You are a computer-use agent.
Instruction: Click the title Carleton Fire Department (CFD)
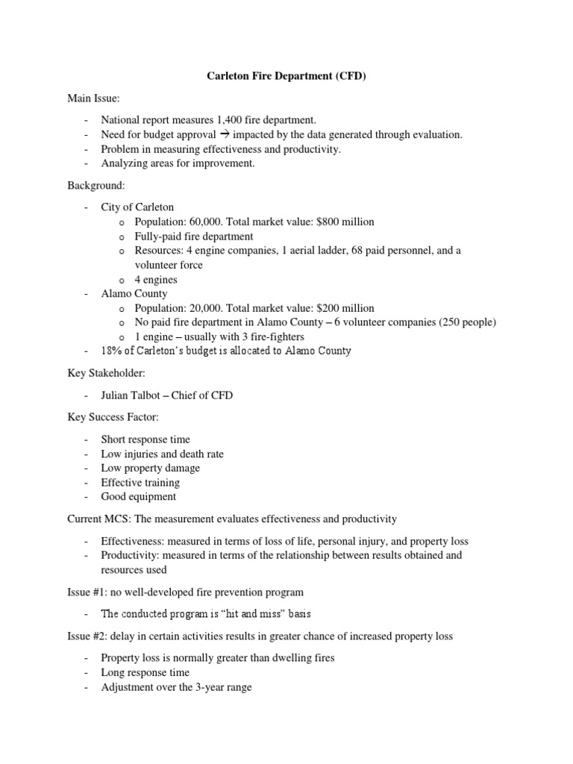[286, 76]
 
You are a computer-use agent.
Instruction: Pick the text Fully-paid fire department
[194, 236]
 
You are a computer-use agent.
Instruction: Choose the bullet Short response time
[145, 439]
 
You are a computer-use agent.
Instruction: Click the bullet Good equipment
[139, 496]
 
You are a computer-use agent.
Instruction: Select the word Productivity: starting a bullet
[131, 555]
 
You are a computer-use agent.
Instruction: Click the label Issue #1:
[86, 592]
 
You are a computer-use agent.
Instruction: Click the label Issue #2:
[86, 636]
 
